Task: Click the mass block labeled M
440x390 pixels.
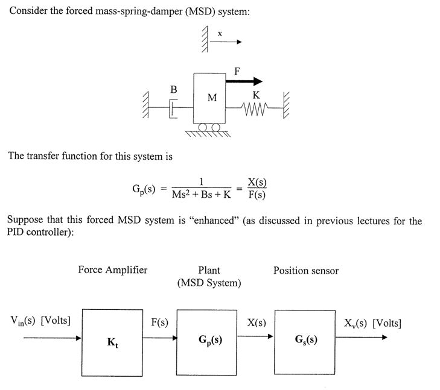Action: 210,98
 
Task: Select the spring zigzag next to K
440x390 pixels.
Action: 253,110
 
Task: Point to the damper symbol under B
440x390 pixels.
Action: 173,110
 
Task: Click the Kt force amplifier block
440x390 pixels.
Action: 112,341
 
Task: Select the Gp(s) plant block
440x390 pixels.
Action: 209,341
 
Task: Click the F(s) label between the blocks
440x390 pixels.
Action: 159,322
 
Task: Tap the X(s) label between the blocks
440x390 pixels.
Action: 257,322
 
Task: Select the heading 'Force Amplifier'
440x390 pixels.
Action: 112,270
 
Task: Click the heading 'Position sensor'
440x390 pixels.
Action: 306,271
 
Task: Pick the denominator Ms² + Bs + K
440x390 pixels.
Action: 202,195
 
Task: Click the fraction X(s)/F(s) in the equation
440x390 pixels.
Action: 257,189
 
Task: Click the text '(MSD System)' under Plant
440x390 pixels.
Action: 209,283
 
